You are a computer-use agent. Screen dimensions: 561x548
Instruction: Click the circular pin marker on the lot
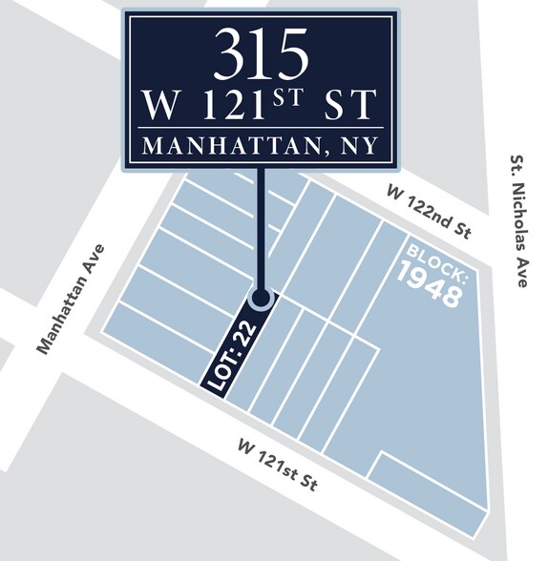[260, 299]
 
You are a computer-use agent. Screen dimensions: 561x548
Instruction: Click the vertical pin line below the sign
[260, 229]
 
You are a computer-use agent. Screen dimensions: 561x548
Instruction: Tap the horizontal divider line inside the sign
[260, 127]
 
